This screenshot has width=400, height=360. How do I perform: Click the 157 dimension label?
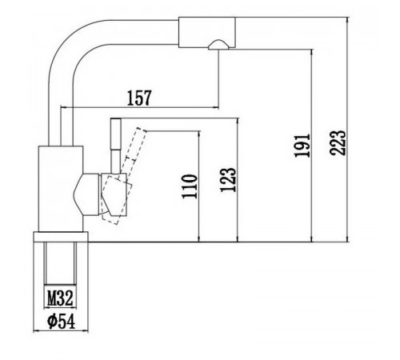point(139,98)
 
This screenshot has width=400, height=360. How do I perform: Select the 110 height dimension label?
point(190,186)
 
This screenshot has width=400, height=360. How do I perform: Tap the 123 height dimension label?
point(228,180)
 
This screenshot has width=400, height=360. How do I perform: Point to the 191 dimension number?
point(302,146)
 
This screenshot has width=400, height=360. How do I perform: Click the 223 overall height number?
point(338,142)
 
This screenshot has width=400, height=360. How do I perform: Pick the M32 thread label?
point(60,298)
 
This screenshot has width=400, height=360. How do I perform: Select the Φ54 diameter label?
point(61,322)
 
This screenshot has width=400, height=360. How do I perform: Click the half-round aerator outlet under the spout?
point(218,45)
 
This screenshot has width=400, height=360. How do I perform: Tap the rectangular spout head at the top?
point(206,32)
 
